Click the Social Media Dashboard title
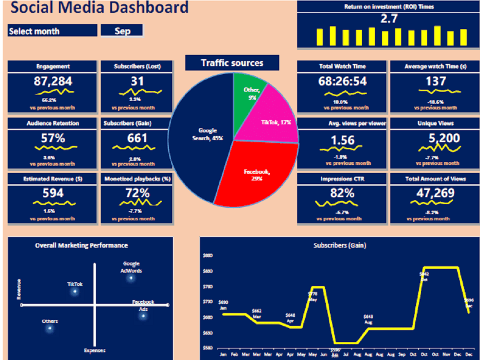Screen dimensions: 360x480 point(99,8)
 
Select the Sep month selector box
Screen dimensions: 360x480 point(122,31)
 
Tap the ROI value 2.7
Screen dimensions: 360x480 point(388,19)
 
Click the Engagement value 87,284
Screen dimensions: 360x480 point(53,81)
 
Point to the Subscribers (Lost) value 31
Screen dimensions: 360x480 point(137,81)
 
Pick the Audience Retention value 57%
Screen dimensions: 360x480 point(53,138)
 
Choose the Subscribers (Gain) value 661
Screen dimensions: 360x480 point(137,138)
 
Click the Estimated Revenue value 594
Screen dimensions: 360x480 point(53,193)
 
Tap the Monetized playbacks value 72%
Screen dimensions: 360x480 point(137,193)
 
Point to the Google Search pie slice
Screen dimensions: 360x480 point(202,139)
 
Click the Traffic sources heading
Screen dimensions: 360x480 point(232,63)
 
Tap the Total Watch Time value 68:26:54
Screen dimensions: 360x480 point(342,81)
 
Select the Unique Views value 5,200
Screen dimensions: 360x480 point(440,138)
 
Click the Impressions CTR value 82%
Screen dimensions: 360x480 point(342,193)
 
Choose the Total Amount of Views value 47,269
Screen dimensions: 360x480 point(435,193)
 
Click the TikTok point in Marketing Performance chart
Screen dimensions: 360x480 point(74,292)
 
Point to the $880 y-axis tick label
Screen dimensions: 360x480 point(208,255)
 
